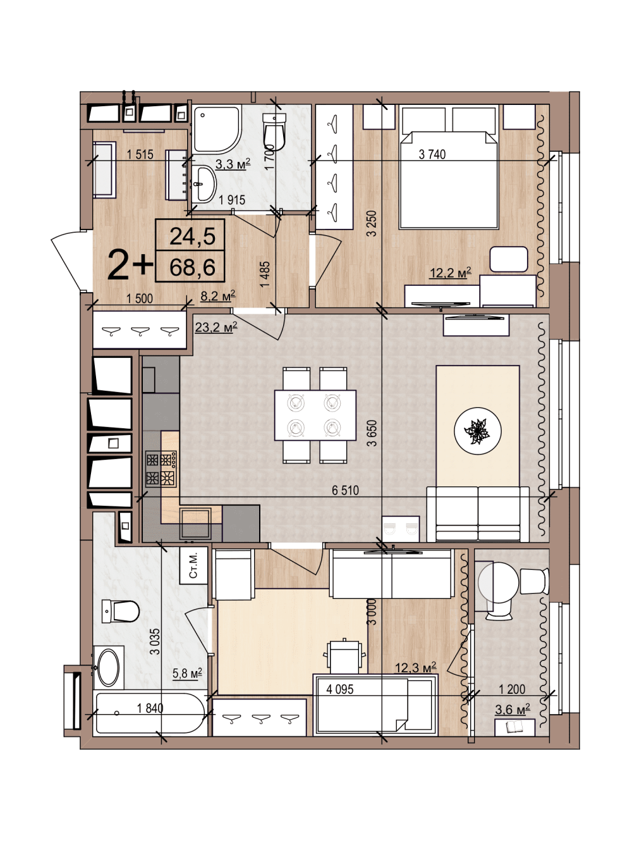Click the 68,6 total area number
pos(192,267)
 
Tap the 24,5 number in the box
pos(192,236)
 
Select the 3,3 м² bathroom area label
pos(233,164)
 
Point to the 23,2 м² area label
pos(216,327)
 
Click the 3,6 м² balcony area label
pos(513,710)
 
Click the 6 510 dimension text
pos(345,490)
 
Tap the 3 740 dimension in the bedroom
pos(432,154)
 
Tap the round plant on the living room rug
pos(477,431)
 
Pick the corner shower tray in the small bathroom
pos(217,130)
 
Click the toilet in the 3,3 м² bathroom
pos(274,132)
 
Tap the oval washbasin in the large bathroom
pos(109,667)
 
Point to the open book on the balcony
pos(514,727)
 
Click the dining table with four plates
pos(315,415)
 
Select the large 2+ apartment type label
pos(130,264)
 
